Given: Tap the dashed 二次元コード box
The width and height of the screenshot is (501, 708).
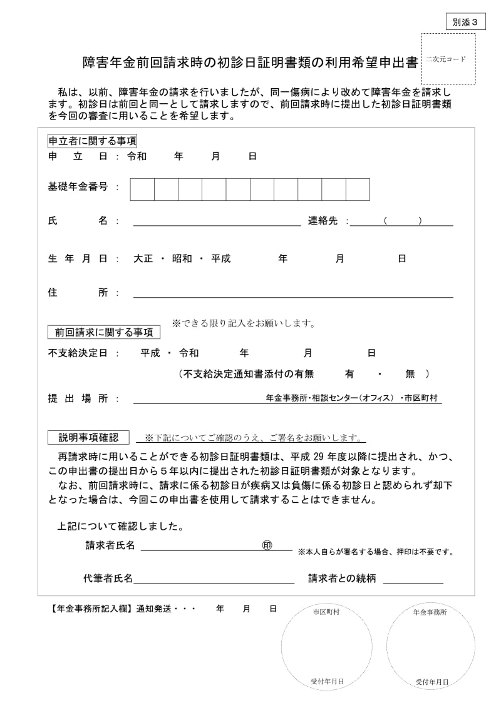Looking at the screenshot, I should point(448,59).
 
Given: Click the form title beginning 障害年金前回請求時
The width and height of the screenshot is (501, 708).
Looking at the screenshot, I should point(250,63).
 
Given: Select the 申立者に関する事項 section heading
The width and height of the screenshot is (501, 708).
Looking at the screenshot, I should point(92,141).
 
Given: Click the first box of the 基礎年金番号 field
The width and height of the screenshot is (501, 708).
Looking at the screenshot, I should point(142,190).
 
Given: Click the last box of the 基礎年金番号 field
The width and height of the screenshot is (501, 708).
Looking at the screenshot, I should point(358,190).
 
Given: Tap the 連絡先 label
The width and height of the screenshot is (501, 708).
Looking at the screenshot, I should point(323,221).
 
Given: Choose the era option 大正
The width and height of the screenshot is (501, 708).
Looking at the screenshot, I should point(143,258).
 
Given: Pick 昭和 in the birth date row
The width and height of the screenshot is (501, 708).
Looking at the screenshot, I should point(182,258).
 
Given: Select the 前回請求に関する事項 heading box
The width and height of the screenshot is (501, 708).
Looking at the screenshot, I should point(104,332).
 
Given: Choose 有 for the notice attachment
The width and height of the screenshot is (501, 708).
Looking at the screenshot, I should point(349,374).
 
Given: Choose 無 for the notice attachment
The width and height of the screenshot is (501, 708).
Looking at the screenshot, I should point(410,374).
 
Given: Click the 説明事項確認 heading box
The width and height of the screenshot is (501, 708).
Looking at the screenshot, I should point(88,437).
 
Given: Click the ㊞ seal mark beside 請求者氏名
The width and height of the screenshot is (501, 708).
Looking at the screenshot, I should point(267,545).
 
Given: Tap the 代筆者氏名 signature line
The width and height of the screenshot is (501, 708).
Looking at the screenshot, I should point(214,579).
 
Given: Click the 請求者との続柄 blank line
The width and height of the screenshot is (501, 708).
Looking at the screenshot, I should point(413,579).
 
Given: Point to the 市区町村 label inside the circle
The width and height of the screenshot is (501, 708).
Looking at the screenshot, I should point(326,612).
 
